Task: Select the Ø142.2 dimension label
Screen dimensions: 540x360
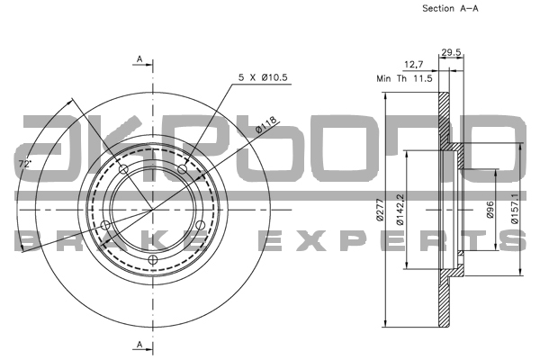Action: point(400,209)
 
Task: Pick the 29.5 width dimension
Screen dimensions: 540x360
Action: point(451,53)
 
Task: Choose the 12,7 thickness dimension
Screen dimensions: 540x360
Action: point(415,64)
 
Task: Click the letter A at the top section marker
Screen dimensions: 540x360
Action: point(140,59)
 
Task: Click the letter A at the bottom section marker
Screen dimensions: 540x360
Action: point(140,345)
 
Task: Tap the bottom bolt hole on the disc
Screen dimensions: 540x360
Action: point(153,261)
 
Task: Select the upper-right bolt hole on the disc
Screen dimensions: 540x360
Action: point(183,169)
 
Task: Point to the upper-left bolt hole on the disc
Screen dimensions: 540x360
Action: point(123,169)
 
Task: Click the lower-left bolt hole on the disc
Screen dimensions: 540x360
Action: point(106,225)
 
